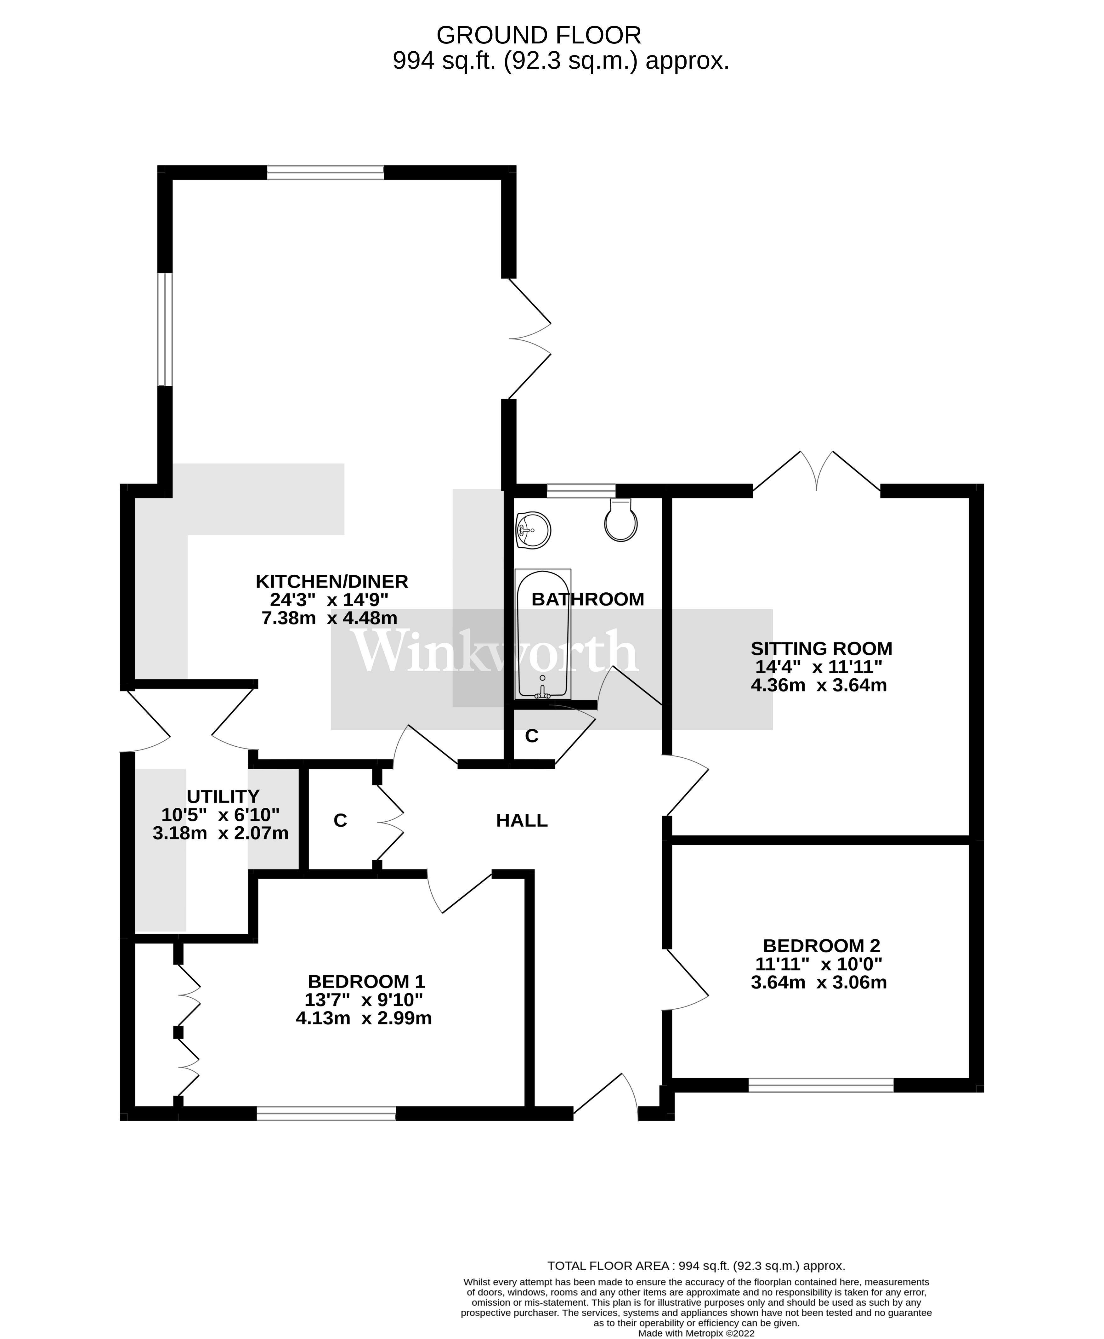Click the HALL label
522,821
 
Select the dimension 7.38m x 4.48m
329,618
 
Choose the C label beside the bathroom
532,736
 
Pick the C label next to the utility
340,821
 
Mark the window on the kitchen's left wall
165,329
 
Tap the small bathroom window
580,490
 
